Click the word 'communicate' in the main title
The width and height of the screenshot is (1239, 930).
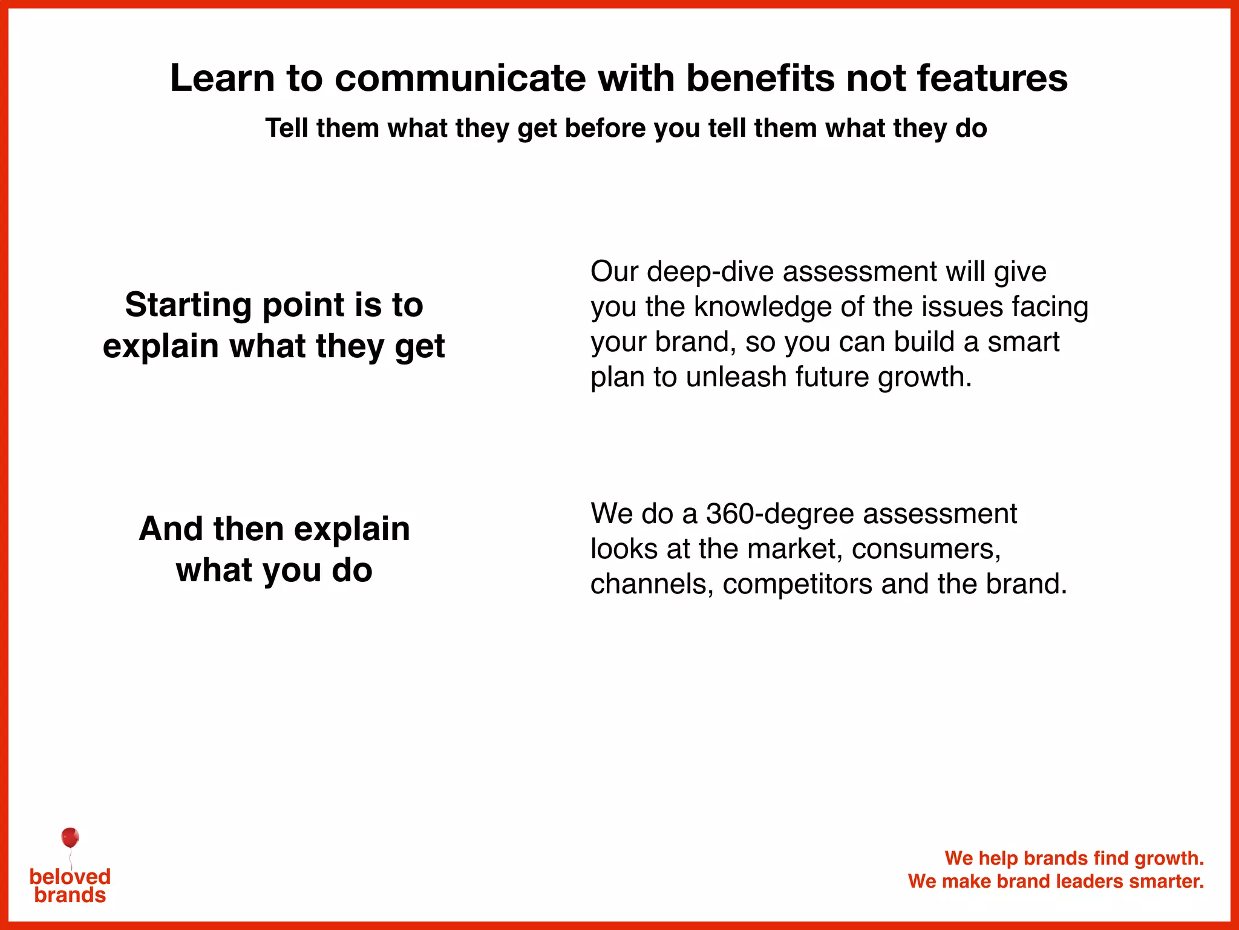pyautogui.click(x=460, y=79)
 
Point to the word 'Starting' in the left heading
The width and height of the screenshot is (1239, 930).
pyautogui.click(x=188, y=305)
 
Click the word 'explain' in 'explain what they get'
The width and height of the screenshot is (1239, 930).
pyautogui.click(x=160, y=346)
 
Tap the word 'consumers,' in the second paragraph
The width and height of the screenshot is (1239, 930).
pyautogui.click(x=926, y=550)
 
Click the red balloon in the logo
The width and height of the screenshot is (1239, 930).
pyautogui.click(x=70, y=838)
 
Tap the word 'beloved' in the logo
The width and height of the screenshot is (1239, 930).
pyautogui.click(x=70, y=876)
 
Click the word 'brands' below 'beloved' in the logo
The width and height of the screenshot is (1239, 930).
pyautogui.click(x=70, y=895)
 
